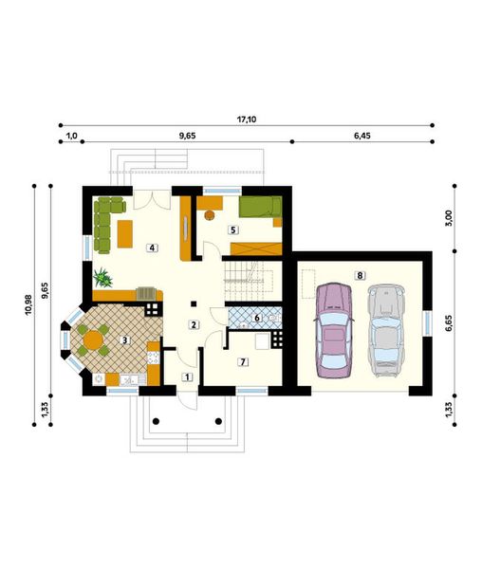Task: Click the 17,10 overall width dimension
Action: click(x=247, y=119)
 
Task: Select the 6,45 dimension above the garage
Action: click(x=361, y=137)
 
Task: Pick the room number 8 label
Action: click(x=360, y=275)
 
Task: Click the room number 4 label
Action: click(x=151, y=247)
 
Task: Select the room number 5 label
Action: click(x=232, y=229)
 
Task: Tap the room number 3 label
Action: click(x=124, y=340)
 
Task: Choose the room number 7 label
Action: click(x=243, y=361)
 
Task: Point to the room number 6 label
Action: click(x=256, y=318)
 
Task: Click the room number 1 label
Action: click(x=187, y=377)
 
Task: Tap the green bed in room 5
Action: click(x=259, y=208)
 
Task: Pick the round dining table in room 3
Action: click(x=93, y=339)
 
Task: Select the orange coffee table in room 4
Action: click(x=124, y=231)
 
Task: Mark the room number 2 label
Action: click(x=194, y=325)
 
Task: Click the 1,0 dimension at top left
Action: click(x=71, y=137)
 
